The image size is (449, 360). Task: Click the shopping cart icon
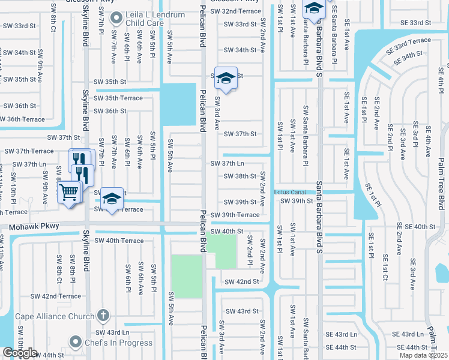[69, 193]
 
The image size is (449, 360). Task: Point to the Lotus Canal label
[291, 192]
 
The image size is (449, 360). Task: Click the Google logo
[20, 353]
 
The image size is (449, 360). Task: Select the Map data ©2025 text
[424, 355]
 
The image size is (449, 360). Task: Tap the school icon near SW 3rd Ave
[226, 77]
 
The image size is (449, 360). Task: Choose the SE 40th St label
[415, 226]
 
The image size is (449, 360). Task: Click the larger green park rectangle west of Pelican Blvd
[187, 275]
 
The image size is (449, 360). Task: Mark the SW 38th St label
[240, 176]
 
